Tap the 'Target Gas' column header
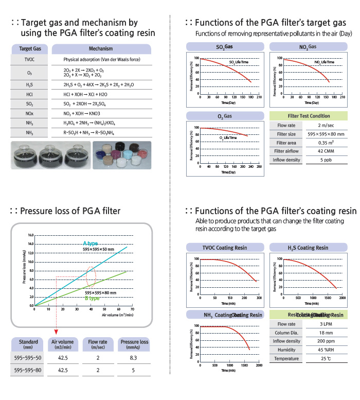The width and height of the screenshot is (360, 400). pyautogui.click(x=30, y=49)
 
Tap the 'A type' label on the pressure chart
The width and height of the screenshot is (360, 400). pyautogui.click(x=90, y=243)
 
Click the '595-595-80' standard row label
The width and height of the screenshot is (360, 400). pyautogui.click(x=28, y=370)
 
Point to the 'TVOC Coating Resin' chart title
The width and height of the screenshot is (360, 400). pyautogui.click(x=224, y=248)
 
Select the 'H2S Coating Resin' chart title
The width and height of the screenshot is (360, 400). pyautogui.click(x=308, y=248)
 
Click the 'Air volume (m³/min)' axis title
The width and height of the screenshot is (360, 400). pyautogui.click(x=119, y=314)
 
